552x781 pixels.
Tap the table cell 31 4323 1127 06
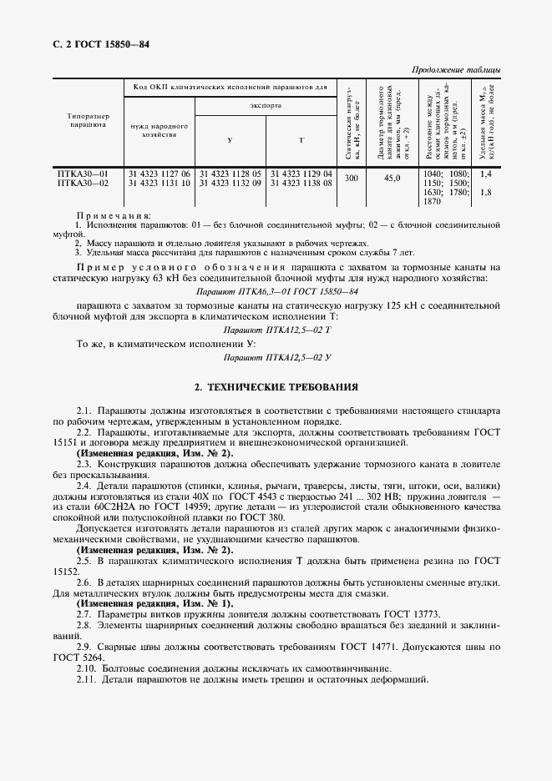pos(159,174)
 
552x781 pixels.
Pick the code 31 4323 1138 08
pos(301,183)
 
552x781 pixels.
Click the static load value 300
pos(352,179)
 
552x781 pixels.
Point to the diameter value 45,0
pos(392,179)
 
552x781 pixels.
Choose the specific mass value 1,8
pos(487,192)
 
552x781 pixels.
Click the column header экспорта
pos(266,107)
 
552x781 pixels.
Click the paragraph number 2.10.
pos(87,669)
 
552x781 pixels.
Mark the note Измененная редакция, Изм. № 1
pos(155,602)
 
